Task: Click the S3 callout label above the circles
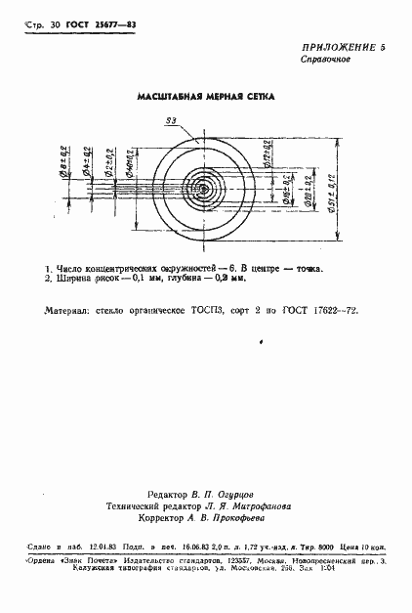click(171, 119)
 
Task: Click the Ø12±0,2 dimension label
click(265, 150)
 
